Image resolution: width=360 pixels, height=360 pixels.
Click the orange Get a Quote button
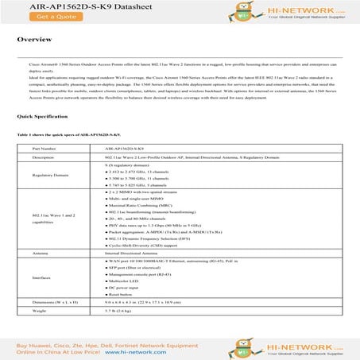tap(33, 16)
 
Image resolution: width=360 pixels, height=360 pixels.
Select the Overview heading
tap(35, 38)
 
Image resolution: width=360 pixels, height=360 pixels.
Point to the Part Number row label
tap(44, 148)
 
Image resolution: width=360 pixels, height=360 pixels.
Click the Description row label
tap(43, 158)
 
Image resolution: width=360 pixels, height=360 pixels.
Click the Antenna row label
tap(41, 252)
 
